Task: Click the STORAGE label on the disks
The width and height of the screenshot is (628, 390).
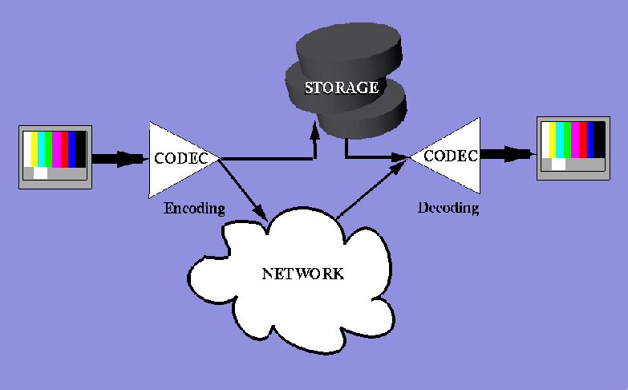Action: [341, 87]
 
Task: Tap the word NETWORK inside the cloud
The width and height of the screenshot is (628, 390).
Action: [302, 274]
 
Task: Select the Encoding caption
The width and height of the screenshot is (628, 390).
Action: [194, 209]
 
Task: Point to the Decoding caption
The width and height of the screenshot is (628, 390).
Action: [448, 209]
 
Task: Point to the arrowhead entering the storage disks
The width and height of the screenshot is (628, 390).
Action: [315, 132]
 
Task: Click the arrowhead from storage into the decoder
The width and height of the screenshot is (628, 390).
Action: [400, 158]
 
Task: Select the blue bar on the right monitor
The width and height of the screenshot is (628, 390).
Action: [591, 140]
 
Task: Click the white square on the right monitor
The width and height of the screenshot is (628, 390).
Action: [557, 165]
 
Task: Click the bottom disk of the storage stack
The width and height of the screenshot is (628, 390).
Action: [365, 120]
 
